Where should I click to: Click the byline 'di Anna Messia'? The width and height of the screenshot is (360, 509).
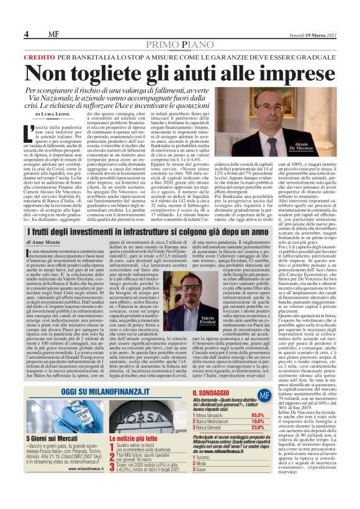[x=43, y=241]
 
